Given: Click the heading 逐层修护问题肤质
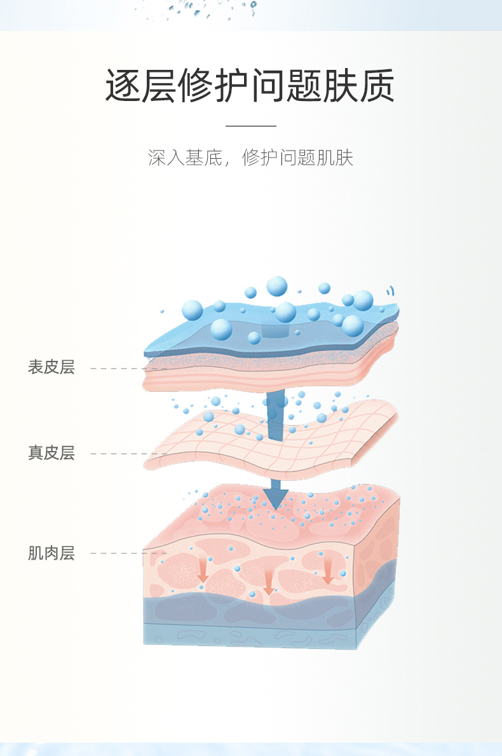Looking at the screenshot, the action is [x=250, y=86].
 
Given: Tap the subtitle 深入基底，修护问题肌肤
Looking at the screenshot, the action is [x=251, y=158].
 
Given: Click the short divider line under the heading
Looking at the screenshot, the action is [x=251, y=126].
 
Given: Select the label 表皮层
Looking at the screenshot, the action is [x=51, y=367].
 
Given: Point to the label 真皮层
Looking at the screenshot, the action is [x=51, y=453].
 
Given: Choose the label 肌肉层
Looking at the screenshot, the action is [x=51, y=553].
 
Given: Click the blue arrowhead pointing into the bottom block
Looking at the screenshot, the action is [x=275, y=499].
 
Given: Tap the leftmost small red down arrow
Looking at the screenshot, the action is [x=203, y=571].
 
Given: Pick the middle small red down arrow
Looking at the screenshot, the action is [x=269, y=583].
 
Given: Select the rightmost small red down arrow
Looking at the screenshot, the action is [x=328, y=572].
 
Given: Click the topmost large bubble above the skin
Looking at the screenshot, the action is [x=277, y=287].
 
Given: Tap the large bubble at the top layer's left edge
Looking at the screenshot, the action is [x=193, y=310].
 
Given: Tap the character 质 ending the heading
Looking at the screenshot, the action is [x=377, y=86].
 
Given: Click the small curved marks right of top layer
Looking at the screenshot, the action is [x=390, y=291].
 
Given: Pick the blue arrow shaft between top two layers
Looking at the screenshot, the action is [x=275, y=415].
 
